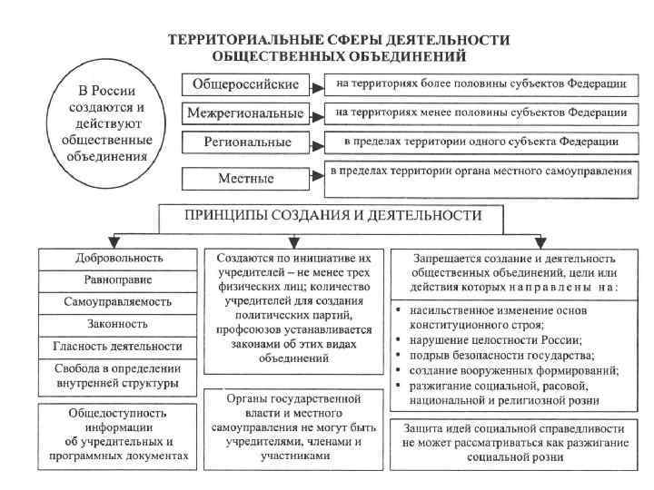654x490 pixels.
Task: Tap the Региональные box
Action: tap(243, 142)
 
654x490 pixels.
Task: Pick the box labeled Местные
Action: tap(243, 177)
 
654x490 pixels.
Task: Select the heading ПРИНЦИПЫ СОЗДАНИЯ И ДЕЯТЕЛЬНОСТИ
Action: tap(333, 216)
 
